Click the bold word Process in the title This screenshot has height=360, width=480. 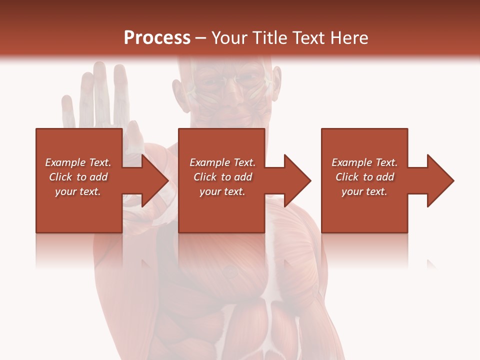[x=157, y=38]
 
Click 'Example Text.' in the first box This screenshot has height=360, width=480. [x=78, y=162]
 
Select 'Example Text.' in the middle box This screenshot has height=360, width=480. [x=222, y=162]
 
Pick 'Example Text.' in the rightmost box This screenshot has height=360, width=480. [x=364, y=162]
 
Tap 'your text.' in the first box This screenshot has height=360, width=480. [x=78, y=191]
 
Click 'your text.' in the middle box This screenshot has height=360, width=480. [x=222, y=191]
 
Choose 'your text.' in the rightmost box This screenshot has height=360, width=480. [x=364, y=191]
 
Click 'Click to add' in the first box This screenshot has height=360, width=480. [x=78, y=177]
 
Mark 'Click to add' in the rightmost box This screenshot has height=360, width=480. [x=364, y=177]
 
